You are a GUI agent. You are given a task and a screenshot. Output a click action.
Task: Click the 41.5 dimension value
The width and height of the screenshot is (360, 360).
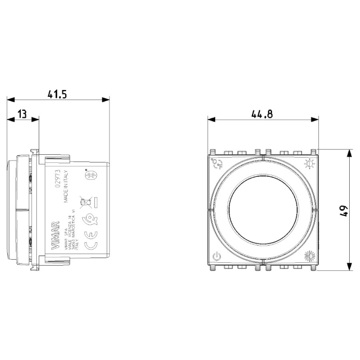(x=57, y=94)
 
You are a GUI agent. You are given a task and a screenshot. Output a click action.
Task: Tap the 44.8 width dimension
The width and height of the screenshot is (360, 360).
(x=262, y=114)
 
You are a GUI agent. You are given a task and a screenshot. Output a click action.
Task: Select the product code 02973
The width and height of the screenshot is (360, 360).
(x=58, y=179)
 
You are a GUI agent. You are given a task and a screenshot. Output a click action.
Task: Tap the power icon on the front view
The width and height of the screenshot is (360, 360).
(x=217, y=257)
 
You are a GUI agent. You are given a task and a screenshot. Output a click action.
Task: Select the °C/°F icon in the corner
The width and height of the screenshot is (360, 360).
(x=217, y=163)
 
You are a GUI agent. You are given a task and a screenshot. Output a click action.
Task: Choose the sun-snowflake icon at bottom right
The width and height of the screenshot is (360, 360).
(x=310, y=256)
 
